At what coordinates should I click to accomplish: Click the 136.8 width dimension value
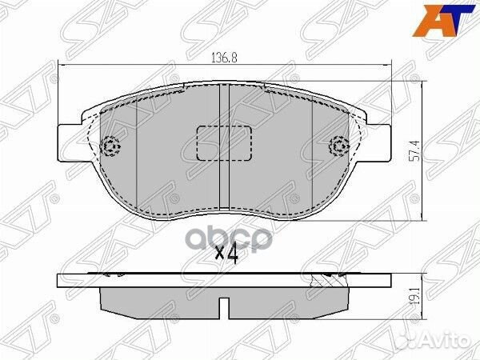pyautogui.click(x=224, y=58)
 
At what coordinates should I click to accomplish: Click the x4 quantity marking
pyautogui.click(x=227, y=255)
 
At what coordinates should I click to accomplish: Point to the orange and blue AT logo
pyautogui.click(x=444, y=20)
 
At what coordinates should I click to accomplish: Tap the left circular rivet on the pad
pyautogui.click(x=111, y=146)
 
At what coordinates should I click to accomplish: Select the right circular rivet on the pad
pyautogui.click(x=339, y=146)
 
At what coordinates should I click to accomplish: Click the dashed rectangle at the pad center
pyautogui.click(x=224, y=143)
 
